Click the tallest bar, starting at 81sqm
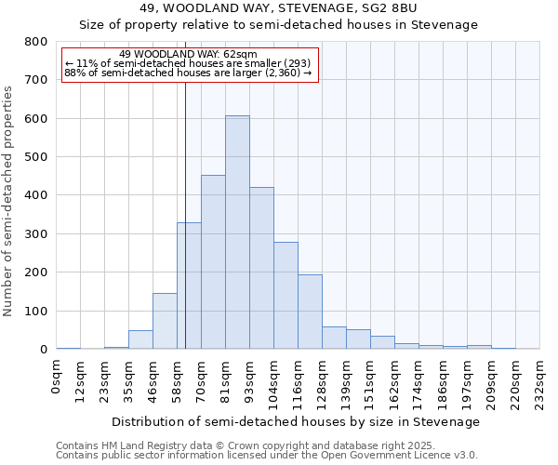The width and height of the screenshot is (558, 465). pos(237,232)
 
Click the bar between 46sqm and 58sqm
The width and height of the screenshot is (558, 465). pos(165,321)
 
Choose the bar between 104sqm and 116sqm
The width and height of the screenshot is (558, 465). pos(286,296)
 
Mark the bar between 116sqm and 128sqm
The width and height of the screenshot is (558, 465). pos(310,312)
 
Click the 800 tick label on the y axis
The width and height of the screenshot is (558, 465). pos(36,42)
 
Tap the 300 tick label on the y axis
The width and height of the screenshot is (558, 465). pos(36,234)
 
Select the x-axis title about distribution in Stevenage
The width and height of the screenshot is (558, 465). pos(298,421)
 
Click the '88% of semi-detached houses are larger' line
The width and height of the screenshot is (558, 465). pos(188,73)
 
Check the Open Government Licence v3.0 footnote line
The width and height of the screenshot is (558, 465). pos(267,455)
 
